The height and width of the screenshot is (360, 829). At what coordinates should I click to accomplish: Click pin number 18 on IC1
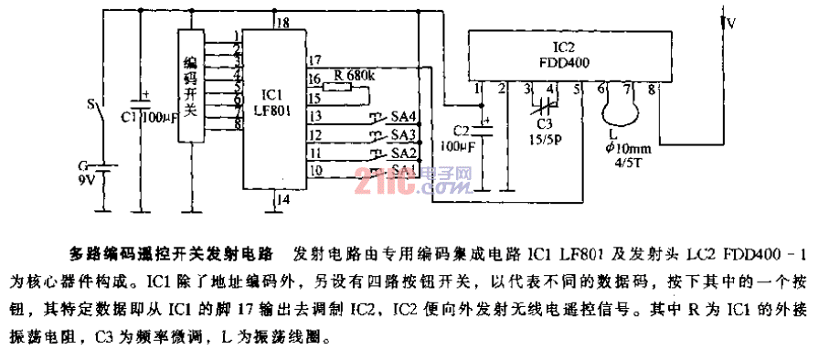point(283,22)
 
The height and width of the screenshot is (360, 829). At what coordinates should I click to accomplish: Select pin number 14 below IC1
point(283,198)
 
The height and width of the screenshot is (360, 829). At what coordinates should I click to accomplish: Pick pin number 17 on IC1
point(314,60)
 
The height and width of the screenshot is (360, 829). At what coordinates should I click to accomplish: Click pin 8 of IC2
point(651,89)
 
